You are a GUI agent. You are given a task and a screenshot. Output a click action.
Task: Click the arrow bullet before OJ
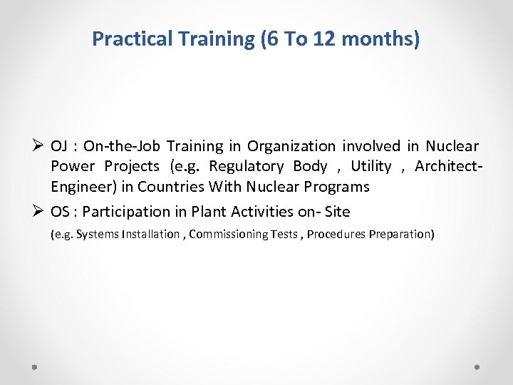click(40, 146)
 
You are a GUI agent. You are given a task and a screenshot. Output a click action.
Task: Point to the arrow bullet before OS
click(40, 212)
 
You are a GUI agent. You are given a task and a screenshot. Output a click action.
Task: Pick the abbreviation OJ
click(60, 146)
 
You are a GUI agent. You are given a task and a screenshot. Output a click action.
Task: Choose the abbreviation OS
click(61, 212)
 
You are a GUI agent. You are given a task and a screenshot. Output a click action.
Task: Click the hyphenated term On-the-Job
click(120, 146)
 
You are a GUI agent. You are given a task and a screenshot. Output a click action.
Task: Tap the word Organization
click(291, 146)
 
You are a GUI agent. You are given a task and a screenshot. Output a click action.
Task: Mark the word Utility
click(371, 167)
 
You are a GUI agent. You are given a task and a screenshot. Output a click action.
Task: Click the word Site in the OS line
click(337, 212)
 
